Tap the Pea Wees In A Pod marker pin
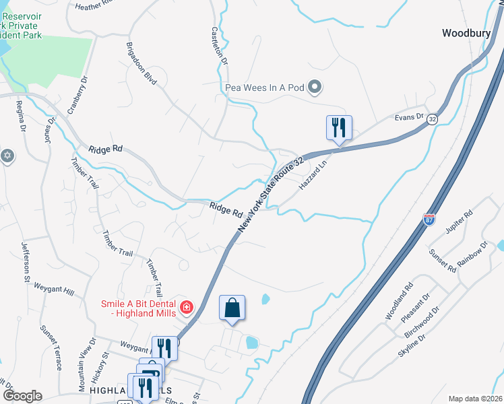[315, 87]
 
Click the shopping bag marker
[232, 308]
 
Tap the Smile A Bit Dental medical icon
[187, 309]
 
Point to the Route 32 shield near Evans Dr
[432, 118]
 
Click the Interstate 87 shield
[429, 220]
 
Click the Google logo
[22, 395]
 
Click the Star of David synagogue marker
[7, 156]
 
